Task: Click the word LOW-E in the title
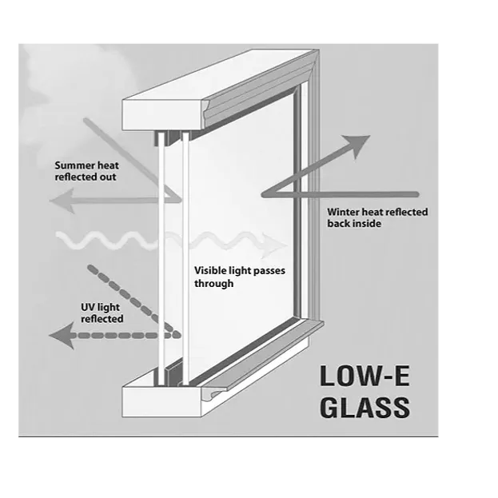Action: click(x=365, y=376)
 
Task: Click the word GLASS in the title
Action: click(x=365, y=407)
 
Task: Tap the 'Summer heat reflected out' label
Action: click(x=86, y=170)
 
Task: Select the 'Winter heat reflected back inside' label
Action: click(x=377, y=217)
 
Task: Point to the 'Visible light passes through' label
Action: click(x=239, y=277)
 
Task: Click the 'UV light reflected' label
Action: click(x=102, y=313)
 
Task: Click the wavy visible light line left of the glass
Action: click(x=104, y=240)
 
